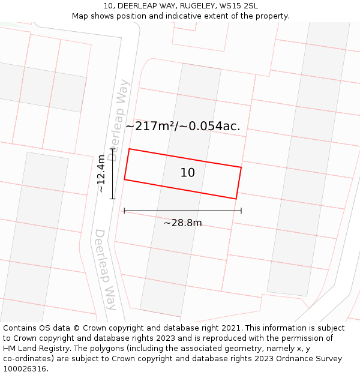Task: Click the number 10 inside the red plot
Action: (188, 173)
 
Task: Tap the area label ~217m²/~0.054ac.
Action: (183, 126)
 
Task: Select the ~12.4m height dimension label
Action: (101, 173)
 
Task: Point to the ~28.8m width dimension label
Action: (182, 223)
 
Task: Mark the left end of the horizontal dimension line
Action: (124, 211)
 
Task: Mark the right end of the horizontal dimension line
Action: (241, 211)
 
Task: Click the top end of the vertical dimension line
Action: (113, 148)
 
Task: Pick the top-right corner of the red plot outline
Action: (241, 167)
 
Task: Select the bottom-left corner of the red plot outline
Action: (124, 179)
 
